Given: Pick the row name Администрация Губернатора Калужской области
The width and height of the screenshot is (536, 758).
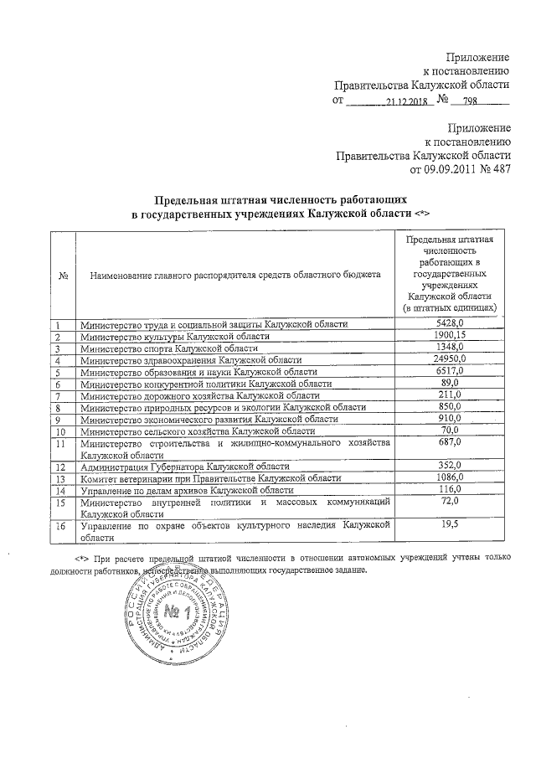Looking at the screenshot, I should click(184, 466).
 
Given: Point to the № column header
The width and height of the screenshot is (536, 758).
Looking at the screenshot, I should click(64, 274).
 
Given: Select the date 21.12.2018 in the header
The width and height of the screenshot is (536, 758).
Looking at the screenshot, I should click(407, 102).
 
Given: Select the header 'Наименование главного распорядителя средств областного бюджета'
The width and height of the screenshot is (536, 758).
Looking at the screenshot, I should click(234, 274).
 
